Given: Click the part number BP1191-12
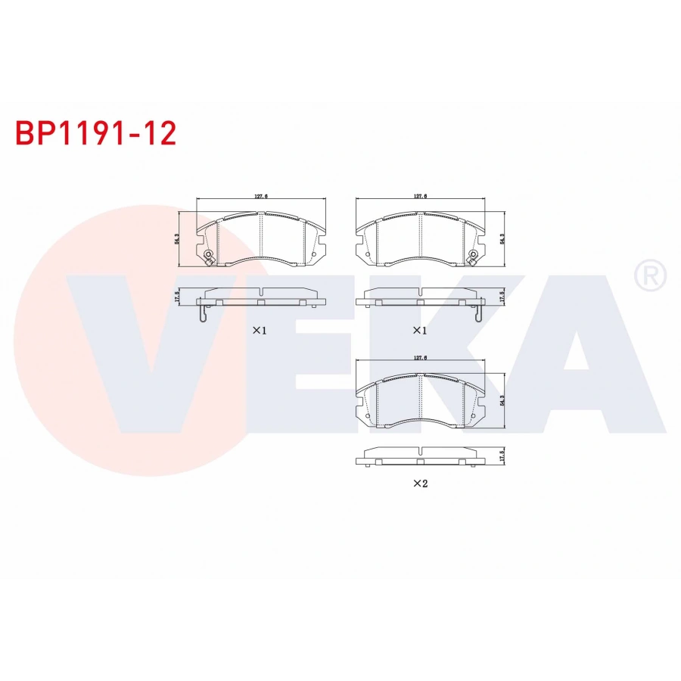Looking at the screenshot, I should coord(96,133).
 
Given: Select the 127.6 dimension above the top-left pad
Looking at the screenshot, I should coord(261,196).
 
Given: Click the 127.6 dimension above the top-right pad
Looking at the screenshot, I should coord(421,196).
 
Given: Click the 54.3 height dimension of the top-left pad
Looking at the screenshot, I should coord(177,238).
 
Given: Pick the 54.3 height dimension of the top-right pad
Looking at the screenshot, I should coord(502,238).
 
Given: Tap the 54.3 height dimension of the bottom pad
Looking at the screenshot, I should coord(502,400).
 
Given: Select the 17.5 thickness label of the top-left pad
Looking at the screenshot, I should coord(177,296).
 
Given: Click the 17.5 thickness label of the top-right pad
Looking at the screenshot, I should coord(502,296).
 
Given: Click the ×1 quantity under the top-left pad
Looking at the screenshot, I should coord(260,331).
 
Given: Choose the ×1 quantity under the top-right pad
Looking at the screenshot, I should coord(420,331).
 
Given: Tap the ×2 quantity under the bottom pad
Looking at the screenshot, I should coord(420,484).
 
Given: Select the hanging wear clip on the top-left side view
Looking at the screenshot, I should coord(200,312).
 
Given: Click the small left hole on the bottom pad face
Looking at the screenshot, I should coord(368,415).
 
